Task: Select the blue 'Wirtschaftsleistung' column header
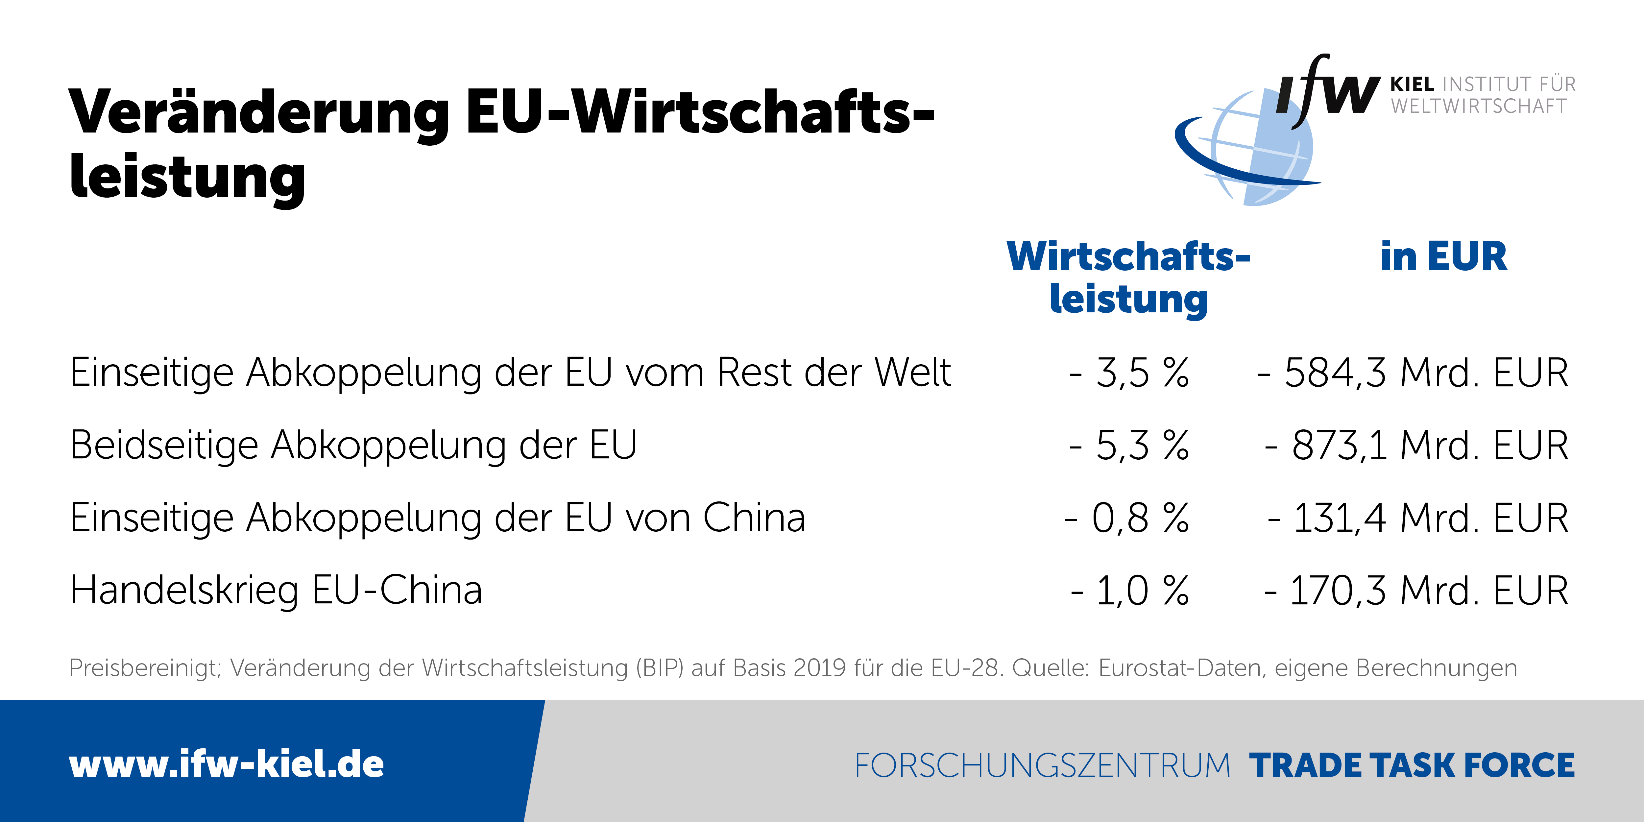click(x=1128, y=278)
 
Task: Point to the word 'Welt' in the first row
click(x=913, y=373)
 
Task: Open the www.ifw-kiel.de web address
click(x=227, y=764)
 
